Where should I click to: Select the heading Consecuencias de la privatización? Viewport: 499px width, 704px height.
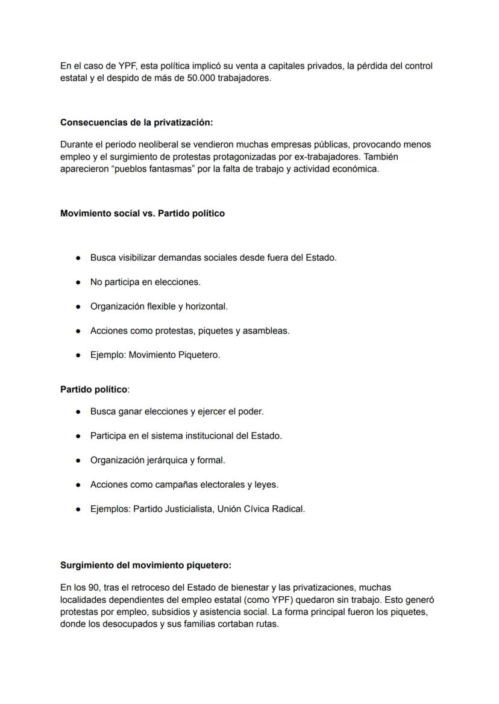click(136, 122)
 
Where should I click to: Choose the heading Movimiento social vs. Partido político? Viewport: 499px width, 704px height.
click(142, 213)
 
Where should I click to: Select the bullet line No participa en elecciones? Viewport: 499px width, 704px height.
click(145, 282)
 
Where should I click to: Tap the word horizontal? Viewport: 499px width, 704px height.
click(206, 307)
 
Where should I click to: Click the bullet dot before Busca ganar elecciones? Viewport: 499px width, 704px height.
click(78, 412)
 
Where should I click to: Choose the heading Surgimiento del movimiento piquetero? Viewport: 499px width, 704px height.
click(146, 565)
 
